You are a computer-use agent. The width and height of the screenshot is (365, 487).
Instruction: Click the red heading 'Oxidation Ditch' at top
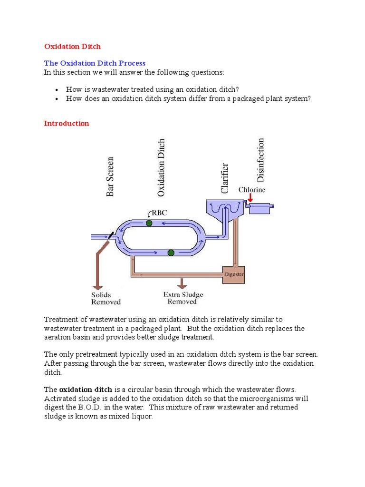pos(72,47)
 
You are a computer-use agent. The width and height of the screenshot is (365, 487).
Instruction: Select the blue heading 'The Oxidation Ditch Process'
pos(95,63)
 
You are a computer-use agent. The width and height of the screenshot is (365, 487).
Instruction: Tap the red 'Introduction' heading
pos(67,124)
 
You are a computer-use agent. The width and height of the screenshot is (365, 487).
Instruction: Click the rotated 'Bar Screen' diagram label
pos(110,176)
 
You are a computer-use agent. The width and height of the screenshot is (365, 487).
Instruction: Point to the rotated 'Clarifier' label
pos(225,178)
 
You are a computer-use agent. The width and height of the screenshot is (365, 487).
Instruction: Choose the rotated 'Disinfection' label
pos(260,160)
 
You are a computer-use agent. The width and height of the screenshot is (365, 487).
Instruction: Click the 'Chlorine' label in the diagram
pos(252,190)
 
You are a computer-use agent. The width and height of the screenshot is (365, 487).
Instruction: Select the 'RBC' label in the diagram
pos(158,213)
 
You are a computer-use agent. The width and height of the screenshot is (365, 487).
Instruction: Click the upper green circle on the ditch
pos(149,223)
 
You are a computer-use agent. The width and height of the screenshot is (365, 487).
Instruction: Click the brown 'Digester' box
pos(233,274)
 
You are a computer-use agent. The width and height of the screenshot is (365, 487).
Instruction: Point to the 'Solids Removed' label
pos(106,298)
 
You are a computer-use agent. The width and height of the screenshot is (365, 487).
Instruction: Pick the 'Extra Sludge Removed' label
pos(182,298)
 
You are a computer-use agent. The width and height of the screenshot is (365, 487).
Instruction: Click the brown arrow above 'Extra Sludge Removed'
pos(182,283)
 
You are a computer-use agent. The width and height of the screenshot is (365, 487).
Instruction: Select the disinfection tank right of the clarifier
pos(262,208)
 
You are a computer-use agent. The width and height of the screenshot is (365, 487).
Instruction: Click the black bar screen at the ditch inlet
pos(110,235)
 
